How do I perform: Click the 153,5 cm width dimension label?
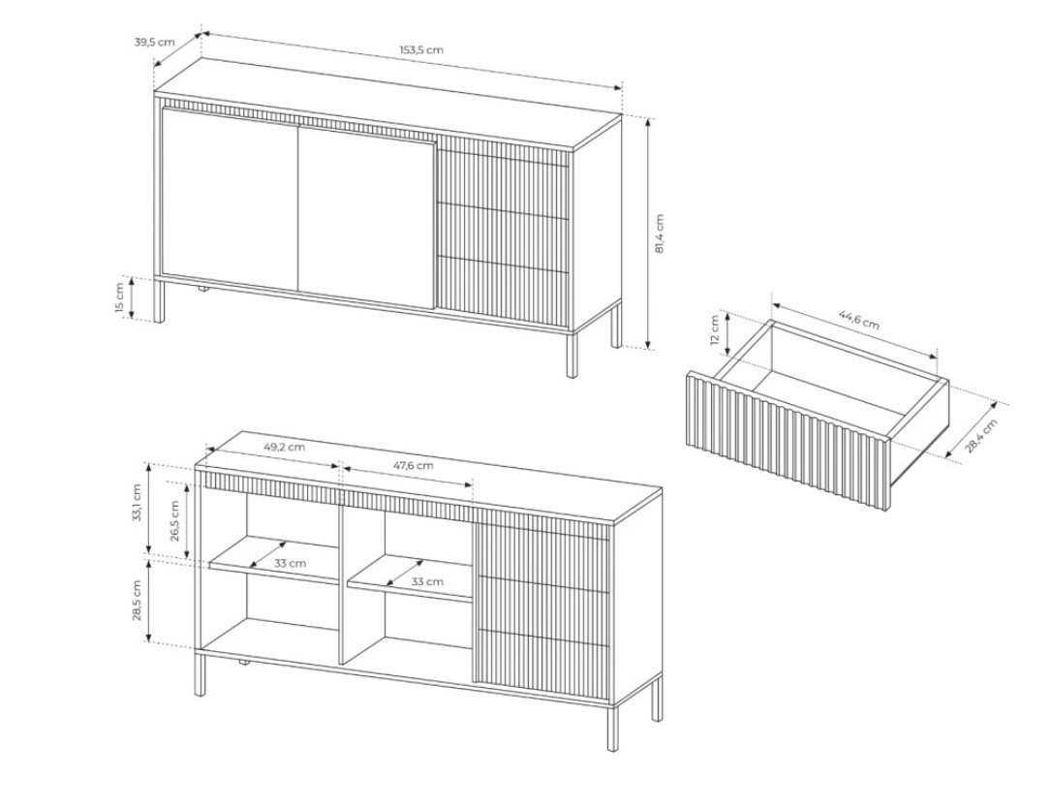coord(421,49)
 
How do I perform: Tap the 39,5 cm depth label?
coord(154,42)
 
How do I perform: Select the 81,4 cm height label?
coord(659,233)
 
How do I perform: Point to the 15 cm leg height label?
coord(119,297)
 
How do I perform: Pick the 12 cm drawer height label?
coord(714,330)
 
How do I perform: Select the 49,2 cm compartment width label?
coord(283,447)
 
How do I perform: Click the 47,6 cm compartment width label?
coord(413,465)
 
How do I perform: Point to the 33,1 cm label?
coord(137,503)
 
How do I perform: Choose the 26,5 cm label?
coord(174,520)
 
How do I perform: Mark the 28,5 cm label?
coord(137,601)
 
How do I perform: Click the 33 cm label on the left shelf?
coord(290,564)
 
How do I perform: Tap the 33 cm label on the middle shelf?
coord(427,581)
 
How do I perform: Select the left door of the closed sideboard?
coord(230,200)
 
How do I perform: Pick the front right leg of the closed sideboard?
coord(572,355)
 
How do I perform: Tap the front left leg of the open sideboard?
coord(200,673)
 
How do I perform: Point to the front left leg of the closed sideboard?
coord(159,299)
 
